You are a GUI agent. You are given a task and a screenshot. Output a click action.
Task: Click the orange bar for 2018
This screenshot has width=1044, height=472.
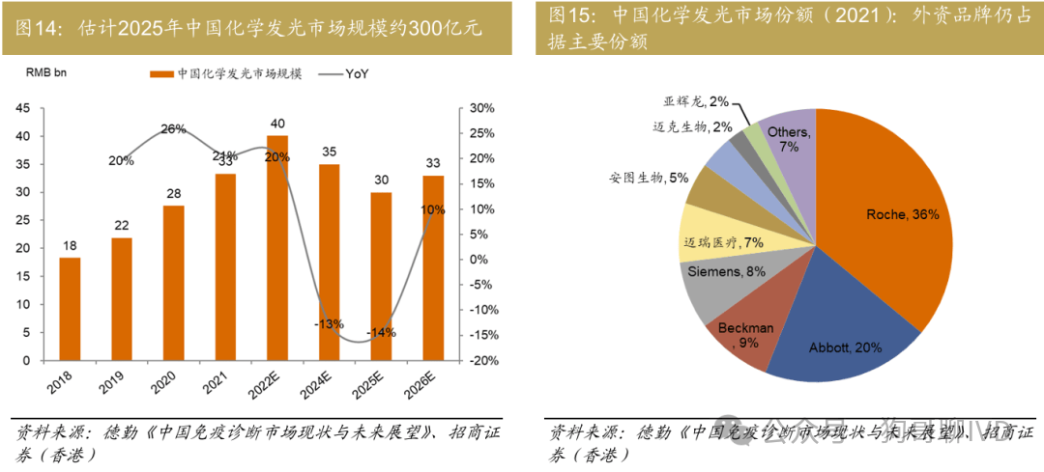click(70, 308)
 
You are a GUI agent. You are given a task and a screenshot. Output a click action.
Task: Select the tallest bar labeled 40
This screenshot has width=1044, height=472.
click(277, 247)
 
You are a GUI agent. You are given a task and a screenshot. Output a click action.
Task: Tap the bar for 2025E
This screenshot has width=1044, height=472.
click(382, 275)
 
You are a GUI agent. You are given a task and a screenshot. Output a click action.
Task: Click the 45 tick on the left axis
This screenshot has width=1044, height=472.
click(23, 108)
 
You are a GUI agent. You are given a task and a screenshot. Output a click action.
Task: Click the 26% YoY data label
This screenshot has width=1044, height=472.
click(174, 129)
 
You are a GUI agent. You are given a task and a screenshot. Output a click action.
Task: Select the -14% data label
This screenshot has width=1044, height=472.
click(381, 332)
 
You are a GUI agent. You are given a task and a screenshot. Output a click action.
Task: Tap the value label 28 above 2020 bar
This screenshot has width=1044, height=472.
click(173, 193)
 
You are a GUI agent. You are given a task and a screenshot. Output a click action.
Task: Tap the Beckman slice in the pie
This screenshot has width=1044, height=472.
click(749, 333)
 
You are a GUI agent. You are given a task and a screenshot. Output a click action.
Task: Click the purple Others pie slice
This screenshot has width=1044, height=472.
click(788, 145)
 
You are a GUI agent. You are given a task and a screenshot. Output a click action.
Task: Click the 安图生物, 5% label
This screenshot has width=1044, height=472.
click(649, 178)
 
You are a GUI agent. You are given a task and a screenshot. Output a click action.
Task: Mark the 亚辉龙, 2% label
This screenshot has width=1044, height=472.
click(696, 100)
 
